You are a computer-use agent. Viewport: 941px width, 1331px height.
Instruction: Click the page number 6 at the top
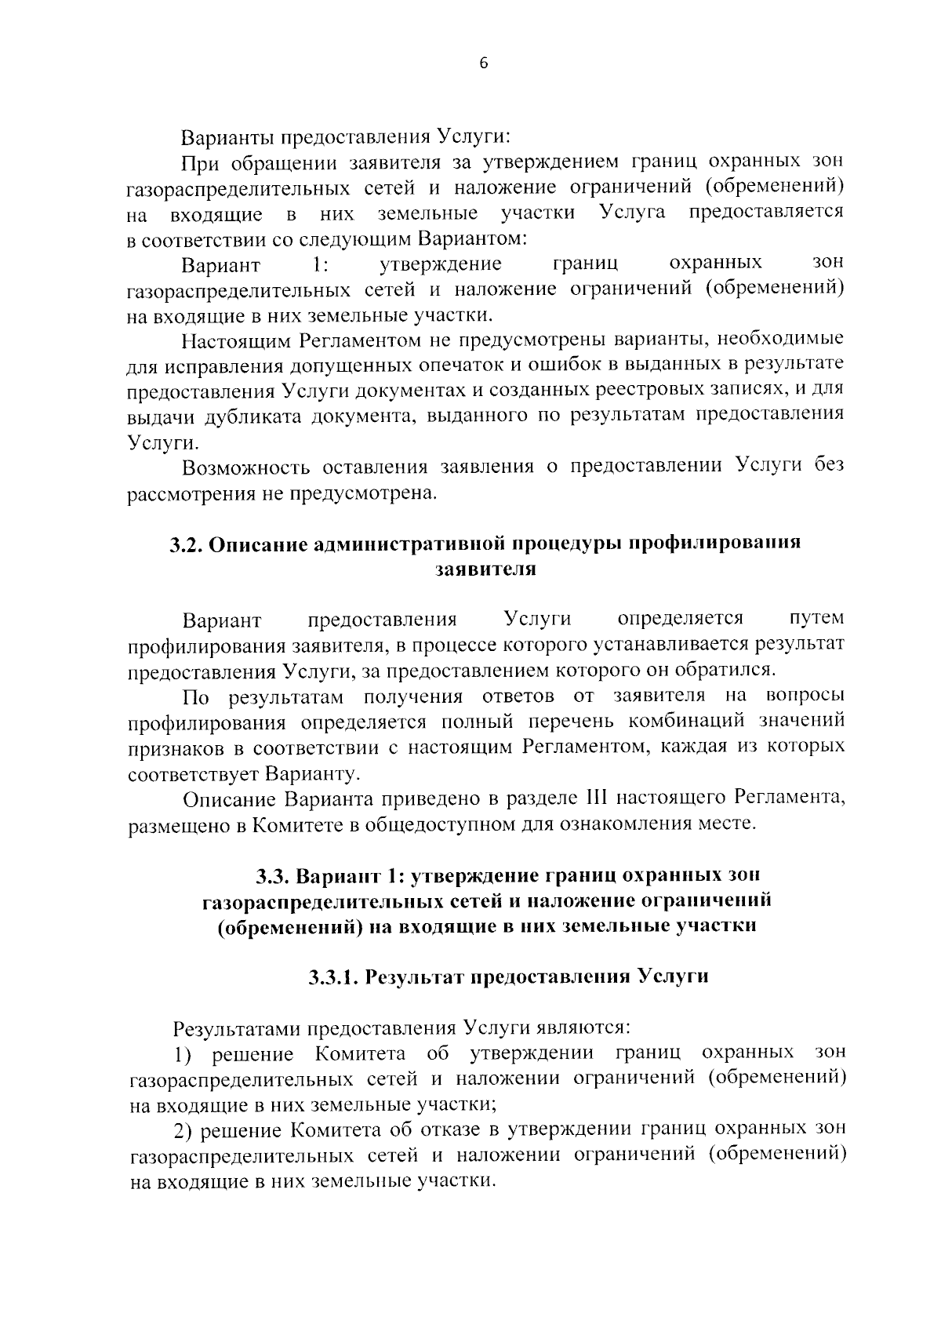[483, 64]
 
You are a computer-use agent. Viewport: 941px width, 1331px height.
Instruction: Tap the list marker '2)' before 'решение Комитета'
[186, 1129]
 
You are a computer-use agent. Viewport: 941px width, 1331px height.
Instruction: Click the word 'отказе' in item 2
[470, 1129]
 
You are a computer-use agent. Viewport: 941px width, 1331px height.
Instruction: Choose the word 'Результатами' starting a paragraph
[235, 1027]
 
